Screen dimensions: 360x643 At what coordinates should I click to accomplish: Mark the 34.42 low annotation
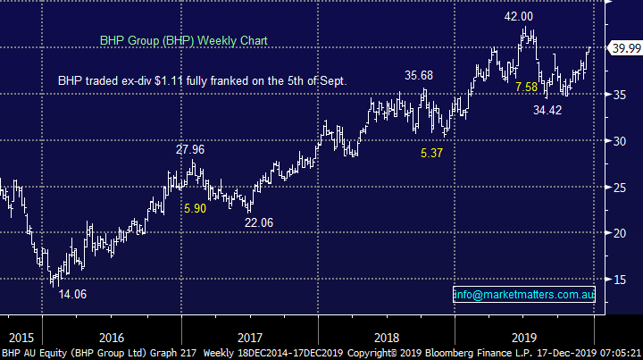tap(550, 110)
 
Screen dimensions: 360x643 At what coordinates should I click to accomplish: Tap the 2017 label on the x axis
tap(250, 339)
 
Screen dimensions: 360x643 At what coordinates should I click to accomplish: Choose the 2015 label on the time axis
tap(21, 339)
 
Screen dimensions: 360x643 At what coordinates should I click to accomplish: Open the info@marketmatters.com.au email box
tap(523, 294)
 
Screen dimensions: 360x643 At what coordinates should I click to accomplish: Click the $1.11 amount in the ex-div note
tap(180, 80)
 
